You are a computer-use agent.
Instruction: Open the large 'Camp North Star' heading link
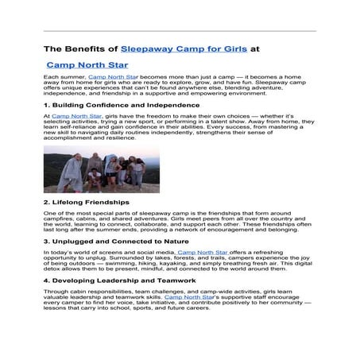click(x=87, y=65)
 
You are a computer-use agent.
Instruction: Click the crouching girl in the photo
click(x=95, y=177)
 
